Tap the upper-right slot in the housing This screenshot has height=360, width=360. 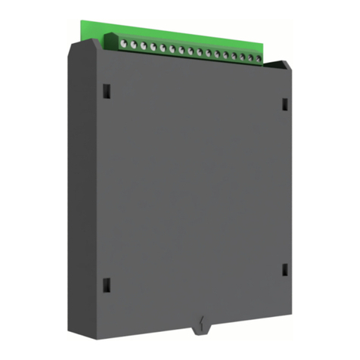(x=284, y=103)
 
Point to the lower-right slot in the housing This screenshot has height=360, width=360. (x=284, y=270)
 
